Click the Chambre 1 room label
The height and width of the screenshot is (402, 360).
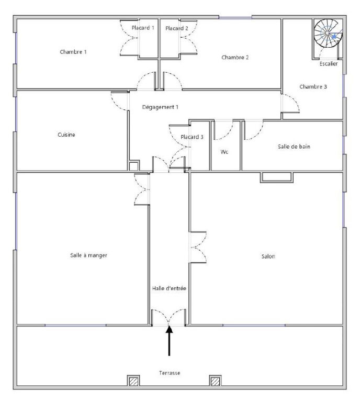[x=73, y=52]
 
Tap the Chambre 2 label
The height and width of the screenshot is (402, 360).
[x=235, y=57]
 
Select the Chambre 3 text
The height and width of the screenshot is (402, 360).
[x=313, y=87]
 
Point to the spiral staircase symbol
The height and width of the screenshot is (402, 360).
[x=328, y=33]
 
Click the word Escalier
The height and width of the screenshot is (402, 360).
[x=329, y=63]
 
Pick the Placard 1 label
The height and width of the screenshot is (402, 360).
[x=143, y=28]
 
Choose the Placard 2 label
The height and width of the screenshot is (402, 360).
[x=177, y=28]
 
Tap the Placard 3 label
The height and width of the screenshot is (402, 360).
[x=192, y=137]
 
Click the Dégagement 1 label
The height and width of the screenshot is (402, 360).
[x=160, y=107]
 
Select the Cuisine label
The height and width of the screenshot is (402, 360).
[x=66, y=135]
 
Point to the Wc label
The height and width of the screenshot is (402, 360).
[x=224, y=152]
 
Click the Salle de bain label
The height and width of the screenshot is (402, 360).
[x=294, y=147]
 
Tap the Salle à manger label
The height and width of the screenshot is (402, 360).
[x=88, y=255]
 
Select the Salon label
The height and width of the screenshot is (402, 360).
[x=268, y=256]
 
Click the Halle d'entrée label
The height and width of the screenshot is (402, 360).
[x=169, y=288]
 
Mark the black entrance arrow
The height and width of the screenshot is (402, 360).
[x=169, y=340]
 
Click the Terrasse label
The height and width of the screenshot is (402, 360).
[x=170, y=373]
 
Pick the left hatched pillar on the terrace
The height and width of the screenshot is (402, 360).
[x=133, y=381]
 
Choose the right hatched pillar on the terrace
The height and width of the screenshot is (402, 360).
[x=215, y=381]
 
